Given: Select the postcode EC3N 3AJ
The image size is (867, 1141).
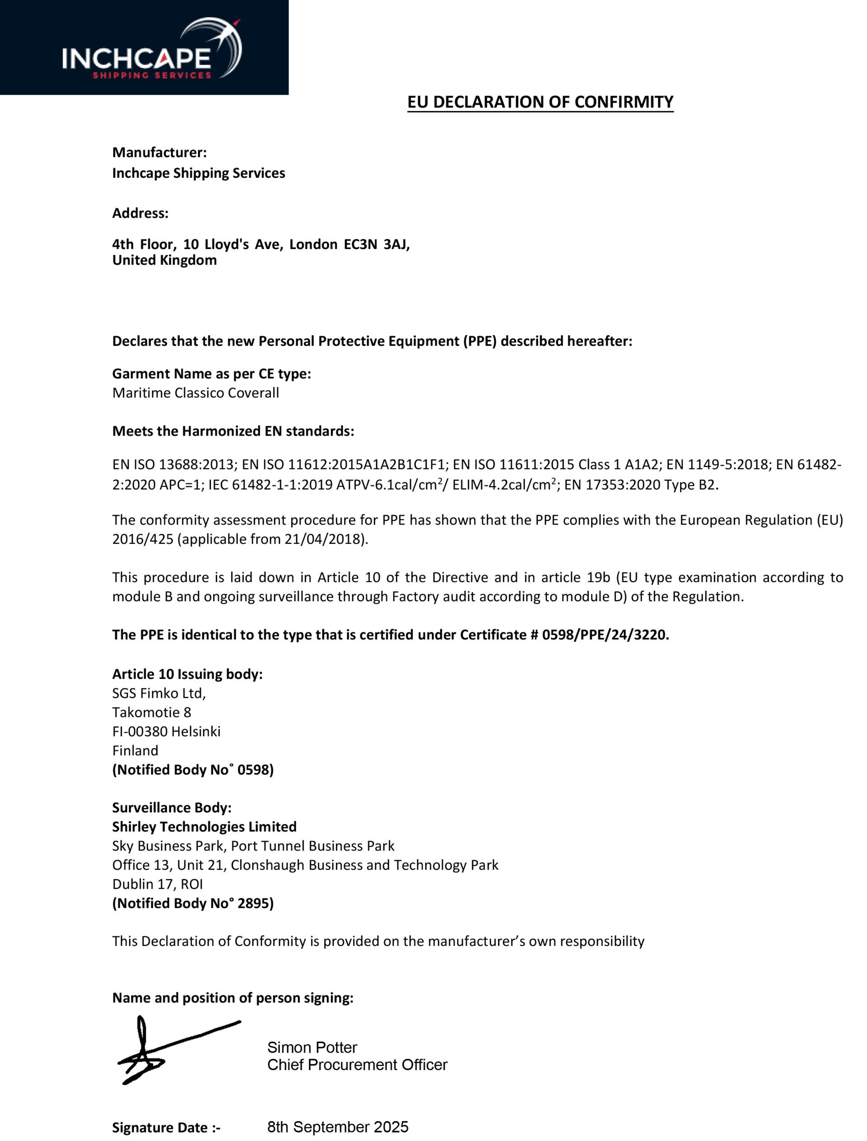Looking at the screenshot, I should coord(377,244).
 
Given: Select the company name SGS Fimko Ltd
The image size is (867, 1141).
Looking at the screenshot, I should coord(159,693).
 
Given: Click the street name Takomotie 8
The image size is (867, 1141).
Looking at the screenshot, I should coord(152,712).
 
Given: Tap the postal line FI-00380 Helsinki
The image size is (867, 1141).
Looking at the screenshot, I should coord(166,732).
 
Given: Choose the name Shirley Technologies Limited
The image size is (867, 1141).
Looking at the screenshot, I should coord(205,827).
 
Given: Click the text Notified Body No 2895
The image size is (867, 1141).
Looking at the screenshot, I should coord(193,903).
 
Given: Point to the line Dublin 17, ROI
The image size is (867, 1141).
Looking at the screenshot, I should coord(158,884).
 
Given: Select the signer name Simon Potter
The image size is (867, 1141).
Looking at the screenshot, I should coord(312,1048).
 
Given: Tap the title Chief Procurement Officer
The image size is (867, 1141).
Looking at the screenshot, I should coord(357,1065).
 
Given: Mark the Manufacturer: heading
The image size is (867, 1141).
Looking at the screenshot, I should coord(159,153).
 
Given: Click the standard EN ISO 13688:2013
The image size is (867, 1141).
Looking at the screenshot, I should coord(174,465).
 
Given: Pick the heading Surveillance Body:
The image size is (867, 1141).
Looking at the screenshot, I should coord(172,808).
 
